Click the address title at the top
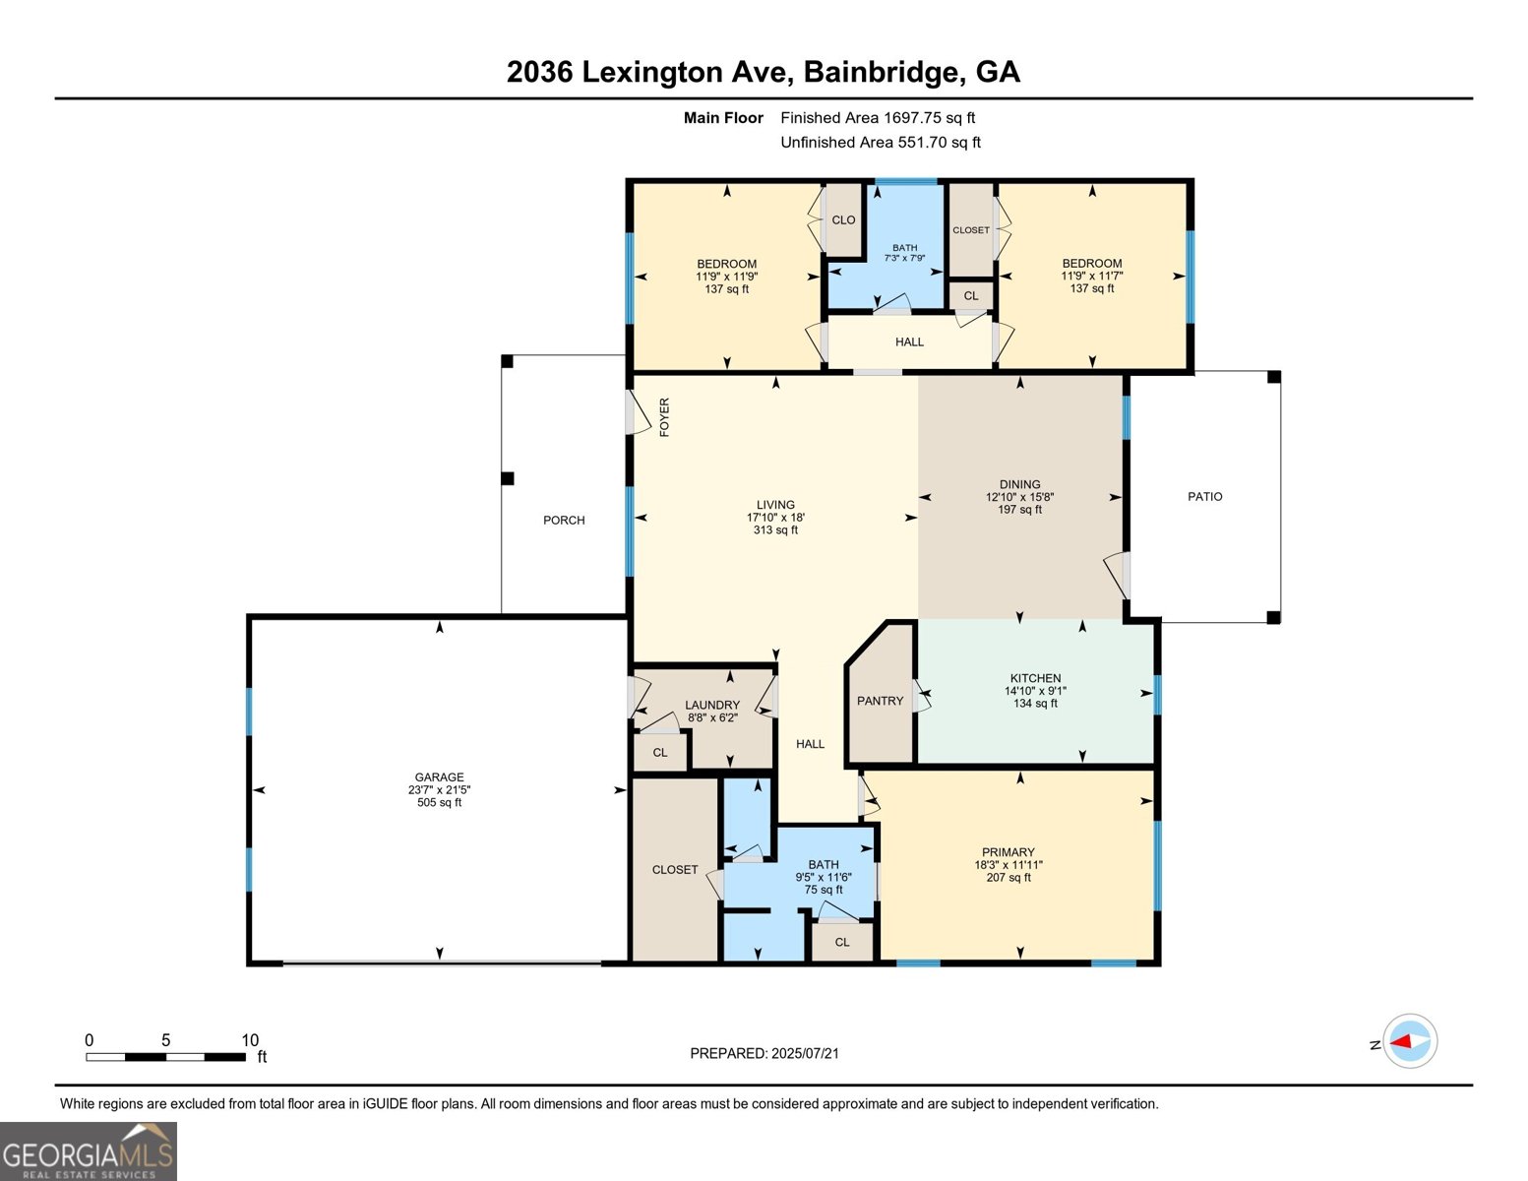(763, 72)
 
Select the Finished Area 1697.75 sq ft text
(877, 118)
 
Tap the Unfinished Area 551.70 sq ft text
(880, 143)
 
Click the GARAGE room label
(439, 777)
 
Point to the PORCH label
(564, 521)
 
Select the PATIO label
(1204, 497)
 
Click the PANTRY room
(880, 701)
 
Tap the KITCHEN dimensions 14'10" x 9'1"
(1035, 691)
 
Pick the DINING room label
(1019, 484)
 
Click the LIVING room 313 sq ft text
(775, 530)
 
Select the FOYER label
(664, 417)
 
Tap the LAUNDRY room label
(711, 705)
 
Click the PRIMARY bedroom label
(1008, 852)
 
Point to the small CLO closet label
(843, 220)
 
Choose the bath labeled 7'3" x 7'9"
(904, 253)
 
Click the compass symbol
(1410, 1041)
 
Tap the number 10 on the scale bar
(250, 1040)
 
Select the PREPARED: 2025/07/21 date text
(764, 1054)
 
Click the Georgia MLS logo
(89, 1151)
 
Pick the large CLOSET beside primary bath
(674, 870)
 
